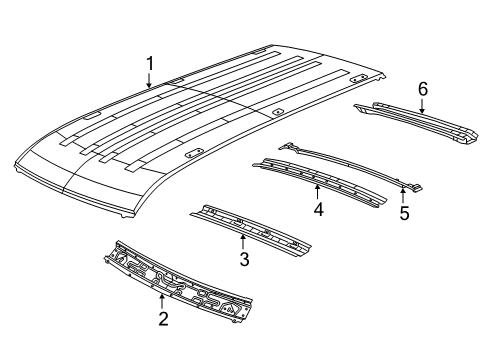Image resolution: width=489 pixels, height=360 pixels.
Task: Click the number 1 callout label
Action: click(150, 65)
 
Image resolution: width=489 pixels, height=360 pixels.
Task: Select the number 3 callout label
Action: click(242, 260)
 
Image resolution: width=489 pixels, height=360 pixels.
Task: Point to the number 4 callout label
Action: click(318, 210)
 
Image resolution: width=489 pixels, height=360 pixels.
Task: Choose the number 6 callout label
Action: click(423, 90)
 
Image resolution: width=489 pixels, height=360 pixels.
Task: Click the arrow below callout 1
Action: click(150, 83)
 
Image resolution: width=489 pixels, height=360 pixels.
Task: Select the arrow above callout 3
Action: click(242, 241)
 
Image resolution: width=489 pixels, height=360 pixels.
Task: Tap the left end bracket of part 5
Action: click(289, 146)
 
